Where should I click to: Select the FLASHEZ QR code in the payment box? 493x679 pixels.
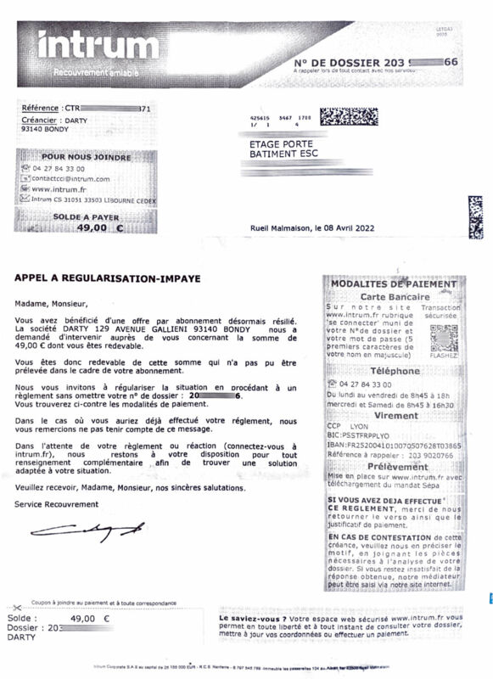tap(444, 338)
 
